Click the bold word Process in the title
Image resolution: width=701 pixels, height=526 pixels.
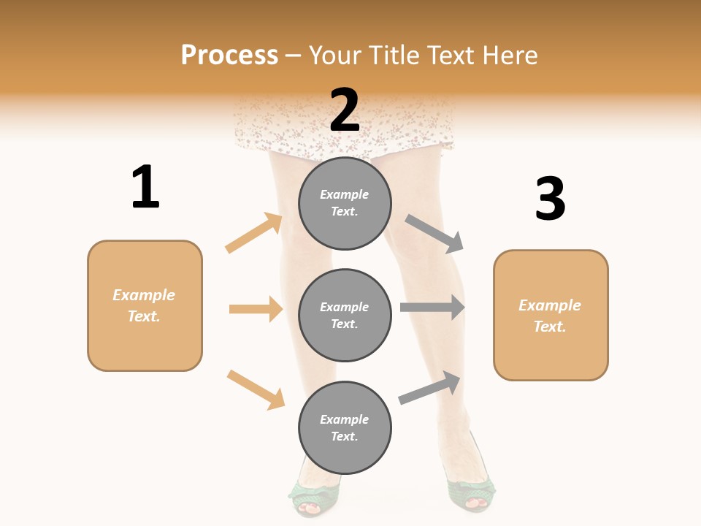pyautogui.click(x=229, y=56)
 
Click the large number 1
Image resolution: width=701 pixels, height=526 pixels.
pyautogui.click(x=145, y=188)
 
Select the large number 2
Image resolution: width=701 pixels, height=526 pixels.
pyautogui.click(x=345, y=110)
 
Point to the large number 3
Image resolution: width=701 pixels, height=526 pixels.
pyautogui.click(x=550, y=199)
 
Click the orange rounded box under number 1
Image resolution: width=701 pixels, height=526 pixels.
pyautogui.click(x=145, y=305)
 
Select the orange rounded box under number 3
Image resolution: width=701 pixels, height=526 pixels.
pyautogui.click(x=551, y=315)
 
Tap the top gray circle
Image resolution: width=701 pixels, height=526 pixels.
pyautogui.click(x=345, y=203)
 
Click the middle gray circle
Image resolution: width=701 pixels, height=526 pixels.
pyautogui.click(x=345, y=315)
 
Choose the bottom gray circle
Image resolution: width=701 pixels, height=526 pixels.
pyautogui.click(x=345, y=427)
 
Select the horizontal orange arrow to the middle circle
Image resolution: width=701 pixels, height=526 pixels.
pyautogui.click(x=256, y=309)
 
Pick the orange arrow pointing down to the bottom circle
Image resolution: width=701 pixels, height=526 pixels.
pyautogui.click(x=256, y=390)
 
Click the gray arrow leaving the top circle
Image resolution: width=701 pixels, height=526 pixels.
pyautogui.click(x=435, y=234)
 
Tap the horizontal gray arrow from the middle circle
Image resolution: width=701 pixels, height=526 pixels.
pyautogui.click(x=432, y=308)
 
